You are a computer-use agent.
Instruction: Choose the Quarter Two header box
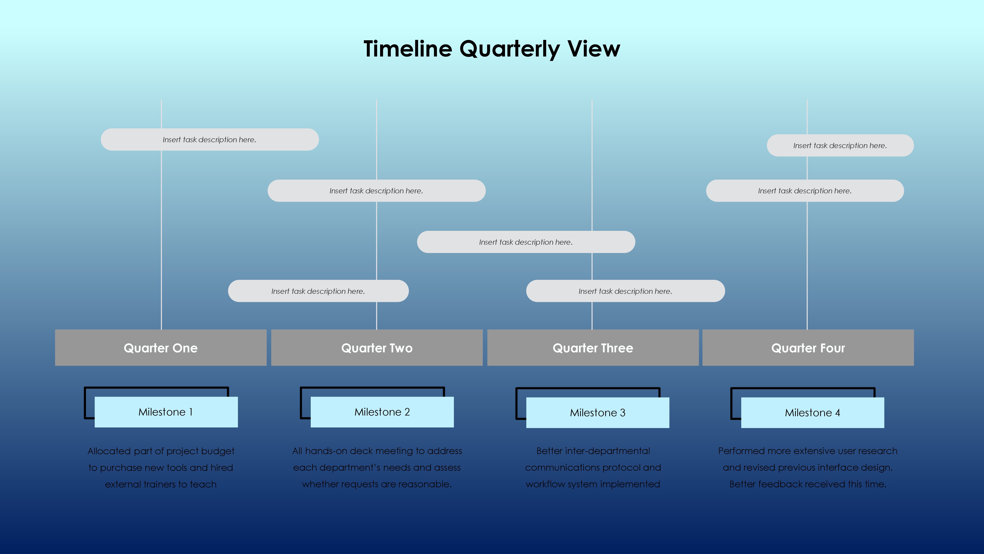[377, 348]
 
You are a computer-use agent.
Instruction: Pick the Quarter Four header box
[808, 348]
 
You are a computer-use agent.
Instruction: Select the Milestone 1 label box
[166, 412]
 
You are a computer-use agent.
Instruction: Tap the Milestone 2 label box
[382, 412]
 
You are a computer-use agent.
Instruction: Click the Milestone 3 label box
[597, 413]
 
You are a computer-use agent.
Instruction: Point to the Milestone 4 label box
[812, 413]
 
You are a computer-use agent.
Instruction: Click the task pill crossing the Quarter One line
[209, 140]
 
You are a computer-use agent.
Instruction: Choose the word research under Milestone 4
[877, 451]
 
